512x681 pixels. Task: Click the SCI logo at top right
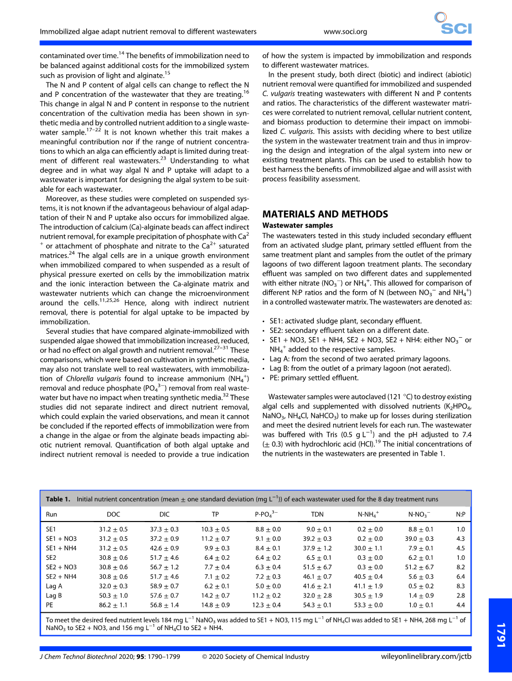coord(452,24)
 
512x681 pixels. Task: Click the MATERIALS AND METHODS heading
coord(325,214)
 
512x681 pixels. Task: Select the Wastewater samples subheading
coord(297,225)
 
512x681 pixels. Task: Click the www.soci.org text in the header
coord(345,32)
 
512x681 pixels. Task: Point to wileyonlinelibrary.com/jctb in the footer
coord(426,657)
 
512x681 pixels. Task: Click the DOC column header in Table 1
coord(113,514)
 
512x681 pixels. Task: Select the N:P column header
coord(460,514)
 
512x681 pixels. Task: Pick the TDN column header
coord(318,514)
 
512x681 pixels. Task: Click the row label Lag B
coord(54,595)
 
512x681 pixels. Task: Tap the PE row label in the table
coord(50,605)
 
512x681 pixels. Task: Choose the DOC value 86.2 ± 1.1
coord(113,605)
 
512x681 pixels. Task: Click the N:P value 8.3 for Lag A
coord(460,585)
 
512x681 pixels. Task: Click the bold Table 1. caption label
coord(58,499)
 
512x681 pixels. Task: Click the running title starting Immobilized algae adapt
coord(148,32)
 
